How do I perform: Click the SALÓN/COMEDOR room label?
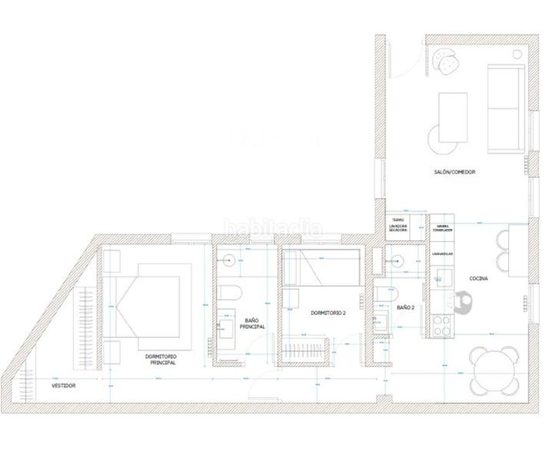pos(454,172)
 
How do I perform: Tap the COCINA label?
pos(469,278)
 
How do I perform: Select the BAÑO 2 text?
pos(405,307)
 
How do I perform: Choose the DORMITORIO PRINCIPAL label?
pos(161,360)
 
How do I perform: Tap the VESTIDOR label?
pos(63,385)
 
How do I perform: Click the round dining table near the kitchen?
pos(496,370)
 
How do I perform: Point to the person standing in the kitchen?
pos(464,305)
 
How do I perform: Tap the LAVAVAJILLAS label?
pos(442,253)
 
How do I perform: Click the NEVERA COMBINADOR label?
pos(442,228)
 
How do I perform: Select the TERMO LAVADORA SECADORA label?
pos(398,224)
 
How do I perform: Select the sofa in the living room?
pos(506,109)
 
